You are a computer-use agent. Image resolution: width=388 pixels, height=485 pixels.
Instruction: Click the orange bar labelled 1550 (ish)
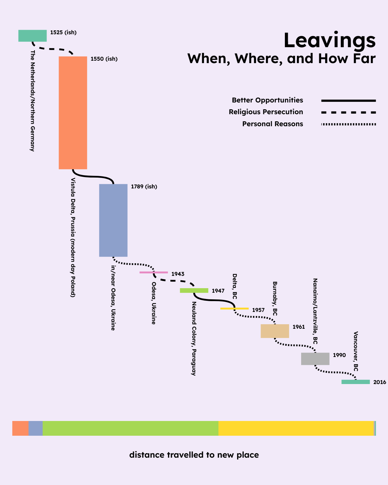pyautogui.click(x=73, y=113)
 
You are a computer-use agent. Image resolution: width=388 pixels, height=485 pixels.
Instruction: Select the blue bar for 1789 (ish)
pyautogui.click(x=113, y=220)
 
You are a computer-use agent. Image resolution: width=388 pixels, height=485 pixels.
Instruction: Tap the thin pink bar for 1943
pyautogui.click(x=154, y=272)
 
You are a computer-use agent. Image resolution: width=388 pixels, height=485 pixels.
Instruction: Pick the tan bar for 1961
pyautogui.click(x=275, y=331)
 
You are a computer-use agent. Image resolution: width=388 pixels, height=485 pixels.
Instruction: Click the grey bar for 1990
pyautogui.click(x=315, y=359)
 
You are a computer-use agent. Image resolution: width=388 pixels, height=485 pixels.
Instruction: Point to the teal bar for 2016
pyautogui.click(x=356, y=382)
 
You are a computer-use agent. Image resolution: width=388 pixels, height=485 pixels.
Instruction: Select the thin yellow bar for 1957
pyautogui.click(x=234, y=308)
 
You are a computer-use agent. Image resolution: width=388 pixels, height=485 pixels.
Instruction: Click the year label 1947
pyautogui.click(x=218, y=291)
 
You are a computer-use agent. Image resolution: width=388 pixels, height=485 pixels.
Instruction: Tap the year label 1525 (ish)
pyautogui.click(x=63, y=32)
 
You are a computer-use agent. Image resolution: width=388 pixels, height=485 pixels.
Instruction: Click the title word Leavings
pyautogui.click(x=329, y=41)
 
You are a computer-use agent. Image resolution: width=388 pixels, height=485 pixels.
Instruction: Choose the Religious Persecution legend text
pyautogui.click(x=266, y=112)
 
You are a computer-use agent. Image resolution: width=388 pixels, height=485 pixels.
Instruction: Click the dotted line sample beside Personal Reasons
pyautogui.click(x=348, y=124)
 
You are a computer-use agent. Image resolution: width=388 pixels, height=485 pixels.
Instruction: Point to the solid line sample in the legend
pyautogui.click(x=348, y=100)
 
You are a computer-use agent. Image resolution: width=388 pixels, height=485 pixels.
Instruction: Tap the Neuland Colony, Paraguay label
pyautogui.click(x=194, y=338)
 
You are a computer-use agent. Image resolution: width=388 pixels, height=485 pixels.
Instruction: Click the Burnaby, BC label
pyautogui.click(x=275, y=298)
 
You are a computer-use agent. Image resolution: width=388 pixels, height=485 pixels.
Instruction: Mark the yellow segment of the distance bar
pyautogui.click(x=296, y=428)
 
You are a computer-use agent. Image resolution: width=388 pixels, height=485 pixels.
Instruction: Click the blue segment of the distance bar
pyautogui.click(x=35, y=428)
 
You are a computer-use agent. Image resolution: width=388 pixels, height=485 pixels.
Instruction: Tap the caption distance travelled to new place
pyautogui.click(x=194, y=455)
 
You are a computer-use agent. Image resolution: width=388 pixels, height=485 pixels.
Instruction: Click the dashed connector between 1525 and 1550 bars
pyautogui.click(x=53, y=49)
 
